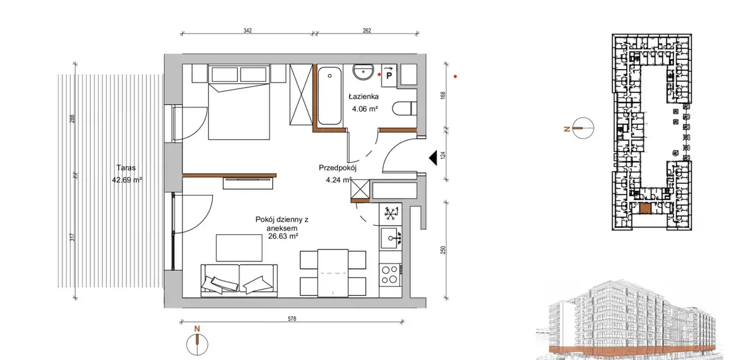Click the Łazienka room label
coord(363,97)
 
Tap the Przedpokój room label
coord(338,167)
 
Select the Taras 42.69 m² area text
coord(127,174)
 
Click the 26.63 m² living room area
coord(283,236)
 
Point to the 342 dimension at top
coord(248,30)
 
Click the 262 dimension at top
coord(367,30)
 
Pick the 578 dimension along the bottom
coord(292,319)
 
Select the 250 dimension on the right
coord(443,250)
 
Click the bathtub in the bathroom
coord(329,96)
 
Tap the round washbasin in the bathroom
coord(363,72)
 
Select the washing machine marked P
coord(389,76)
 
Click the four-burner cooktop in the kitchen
coord(390,275)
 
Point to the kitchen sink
coord(390,238)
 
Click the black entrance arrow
coord(434,158)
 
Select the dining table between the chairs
coord(333,273)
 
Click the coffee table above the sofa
coord(239,248)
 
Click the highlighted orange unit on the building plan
coord(645,209)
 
